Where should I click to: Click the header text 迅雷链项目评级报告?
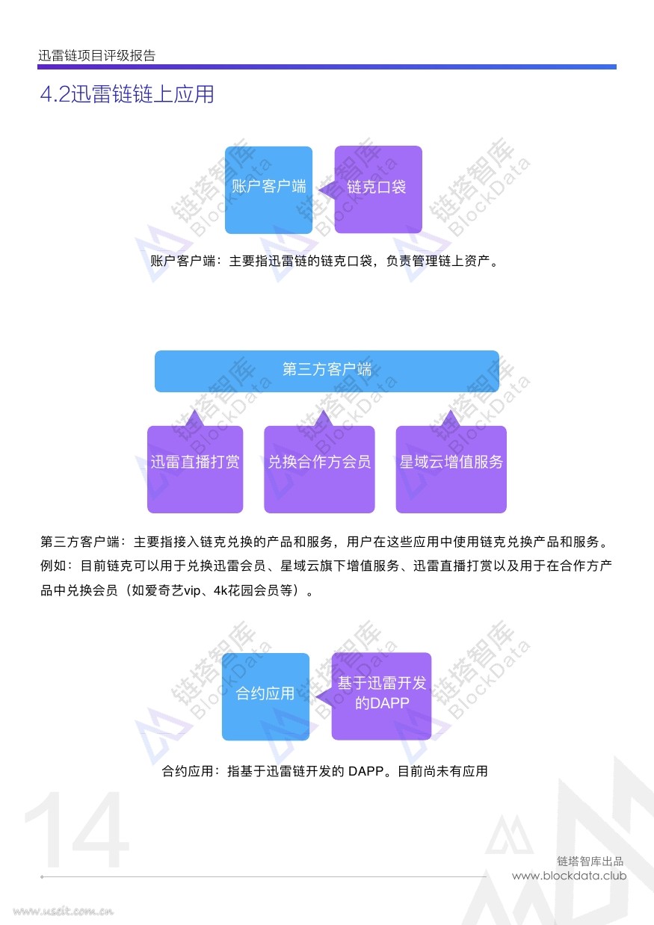click(x=96, y=55)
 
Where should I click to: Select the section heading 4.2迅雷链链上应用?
click(x=127, y=93)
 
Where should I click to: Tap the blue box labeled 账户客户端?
click(x=268, y=190)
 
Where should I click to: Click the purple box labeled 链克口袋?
click(x=378, y=190)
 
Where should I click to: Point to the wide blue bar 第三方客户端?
click(x=327, y=371)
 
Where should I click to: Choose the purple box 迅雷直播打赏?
click(x=195, y=469)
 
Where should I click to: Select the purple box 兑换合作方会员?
click(x=319, y=469)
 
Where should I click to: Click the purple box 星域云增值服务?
click(x=451, y=469)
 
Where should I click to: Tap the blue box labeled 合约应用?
click(x=265, y=696)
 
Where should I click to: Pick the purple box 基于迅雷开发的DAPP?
click(x=381, y=696)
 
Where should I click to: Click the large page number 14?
click(x=76, y=829)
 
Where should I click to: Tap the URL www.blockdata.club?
click(x=570, y=876)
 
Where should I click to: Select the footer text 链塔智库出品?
click(x=590, y=861)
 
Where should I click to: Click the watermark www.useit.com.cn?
click(x=63, y=911)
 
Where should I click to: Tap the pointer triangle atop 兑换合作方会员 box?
click(x=323, y=418)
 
